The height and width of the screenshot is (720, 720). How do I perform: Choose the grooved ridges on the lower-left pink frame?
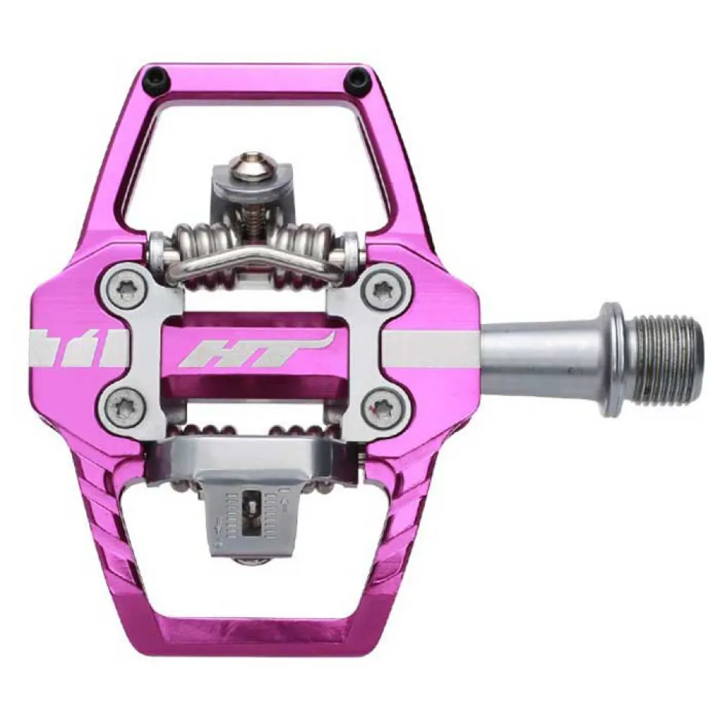click(101, 518)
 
